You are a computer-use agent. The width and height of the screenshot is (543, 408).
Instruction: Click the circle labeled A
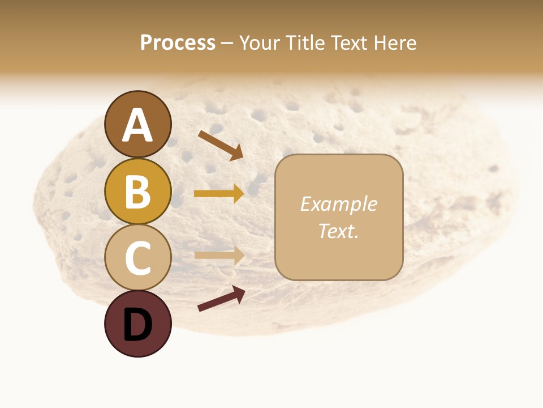137,124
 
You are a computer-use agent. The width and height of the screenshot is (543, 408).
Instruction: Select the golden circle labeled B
137,191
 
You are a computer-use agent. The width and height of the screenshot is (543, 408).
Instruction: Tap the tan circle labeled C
137,257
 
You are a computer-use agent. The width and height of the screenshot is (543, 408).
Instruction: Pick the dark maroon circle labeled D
137,324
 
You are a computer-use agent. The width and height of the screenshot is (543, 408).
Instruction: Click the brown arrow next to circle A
221,145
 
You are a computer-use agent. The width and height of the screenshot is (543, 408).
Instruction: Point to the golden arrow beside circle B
219,194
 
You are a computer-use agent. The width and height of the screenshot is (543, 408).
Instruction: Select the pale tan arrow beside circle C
219,255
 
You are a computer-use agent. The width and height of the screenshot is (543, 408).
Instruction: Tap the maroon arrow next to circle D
221,299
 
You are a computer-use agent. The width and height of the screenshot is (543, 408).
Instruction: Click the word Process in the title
178,43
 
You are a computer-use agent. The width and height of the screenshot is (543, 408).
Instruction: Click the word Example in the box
338,204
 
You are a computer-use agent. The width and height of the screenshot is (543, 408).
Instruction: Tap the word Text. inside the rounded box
338,231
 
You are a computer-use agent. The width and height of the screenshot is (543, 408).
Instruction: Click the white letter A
137,125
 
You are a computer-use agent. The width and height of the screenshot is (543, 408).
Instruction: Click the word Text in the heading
350,43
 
